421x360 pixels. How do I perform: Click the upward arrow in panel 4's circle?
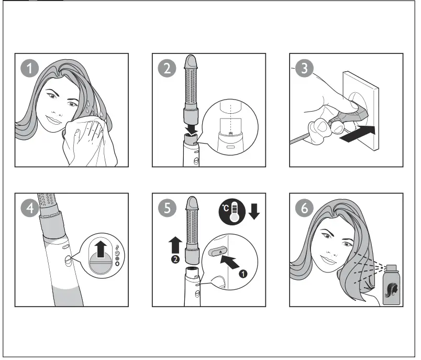101,248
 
